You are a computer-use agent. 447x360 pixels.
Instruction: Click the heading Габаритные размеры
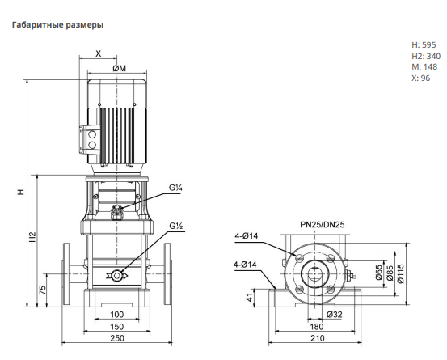coord(57,25)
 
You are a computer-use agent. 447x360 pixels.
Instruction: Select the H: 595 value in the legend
coord(424,44)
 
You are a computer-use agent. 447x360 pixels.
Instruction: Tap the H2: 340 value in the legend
coord(426,56)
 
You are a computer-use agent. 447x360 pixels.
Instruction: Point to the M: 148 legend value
coord(424,67)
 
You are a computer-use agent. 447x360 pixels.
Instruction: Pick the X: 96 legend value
coord(421,78)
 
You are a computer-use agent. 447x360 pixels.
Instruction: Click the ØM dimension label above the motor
coord(119,69)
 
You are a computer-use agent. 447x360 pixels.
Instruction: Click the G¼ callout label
coord(175,188)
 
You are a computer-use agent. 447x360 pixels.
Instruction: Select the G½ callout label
coord(176,226)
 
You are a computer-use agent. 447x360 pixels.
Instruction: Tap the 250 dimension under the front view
coord(117,338)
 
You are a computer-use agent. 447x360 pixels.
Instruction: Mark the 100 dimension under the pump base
coord(117,315)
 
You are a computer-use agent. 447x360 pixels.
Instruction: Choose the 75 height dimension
coord(42,290)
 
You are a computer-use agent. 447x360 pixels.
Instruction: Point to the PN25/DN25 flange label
coord(323,225)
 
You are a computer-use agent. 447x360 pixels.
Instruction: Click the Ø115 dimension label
coord(401,273)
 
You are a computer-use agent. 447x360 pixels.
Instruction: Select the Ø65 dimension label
coord(378,273)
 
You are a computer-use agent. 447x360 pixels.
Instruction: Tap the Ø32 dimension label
coord(334,315)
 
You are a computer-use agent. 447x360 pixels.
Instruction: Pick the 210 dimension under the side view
coord(318,338)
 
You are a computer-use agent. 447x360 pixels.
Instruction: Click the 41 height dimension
coord(250,298)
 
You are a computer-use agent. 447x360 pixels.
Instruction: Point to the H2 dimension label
coord(33,237)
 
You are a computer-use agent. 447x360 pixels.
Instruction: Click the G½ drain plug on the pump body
coord(116,275)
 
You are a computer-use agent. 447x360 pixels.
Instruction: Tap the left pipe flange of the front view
coord(66,274)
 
